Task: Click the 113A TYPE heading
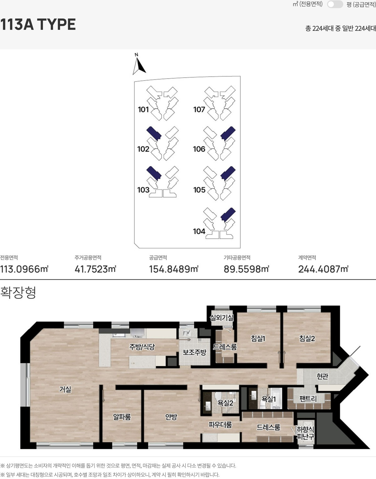click(38, 24)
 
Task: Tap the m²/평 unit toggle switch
click(335, 4)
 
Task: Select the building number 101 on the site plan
click(143, 109)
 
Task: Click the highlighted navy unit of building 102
click(154, 133)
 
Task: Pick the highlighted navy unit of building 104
click(228, 215)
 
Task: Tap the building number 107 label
click(199, 109)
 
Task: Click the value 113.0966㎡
click(24, 269)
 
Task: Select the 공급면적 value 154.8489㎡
click(174, 269)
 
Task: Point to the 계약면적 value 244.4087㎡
click(323, 269)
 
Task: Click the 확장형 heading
click(18, 293)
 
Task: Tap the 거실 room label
click(65, 389)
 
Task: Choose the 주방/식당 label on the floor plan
click(142, 347)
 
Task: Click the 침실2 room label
click(307, 338)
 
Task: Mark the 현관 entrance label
click(322, 376)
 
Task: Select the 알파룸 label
click(122, 417)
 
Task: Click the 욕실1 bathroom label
click(269, 399)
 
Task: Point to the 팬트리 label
click(308, 399)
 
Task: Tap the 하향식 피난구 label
click(305, 433)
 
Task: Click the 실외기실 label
click(222, 318)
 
